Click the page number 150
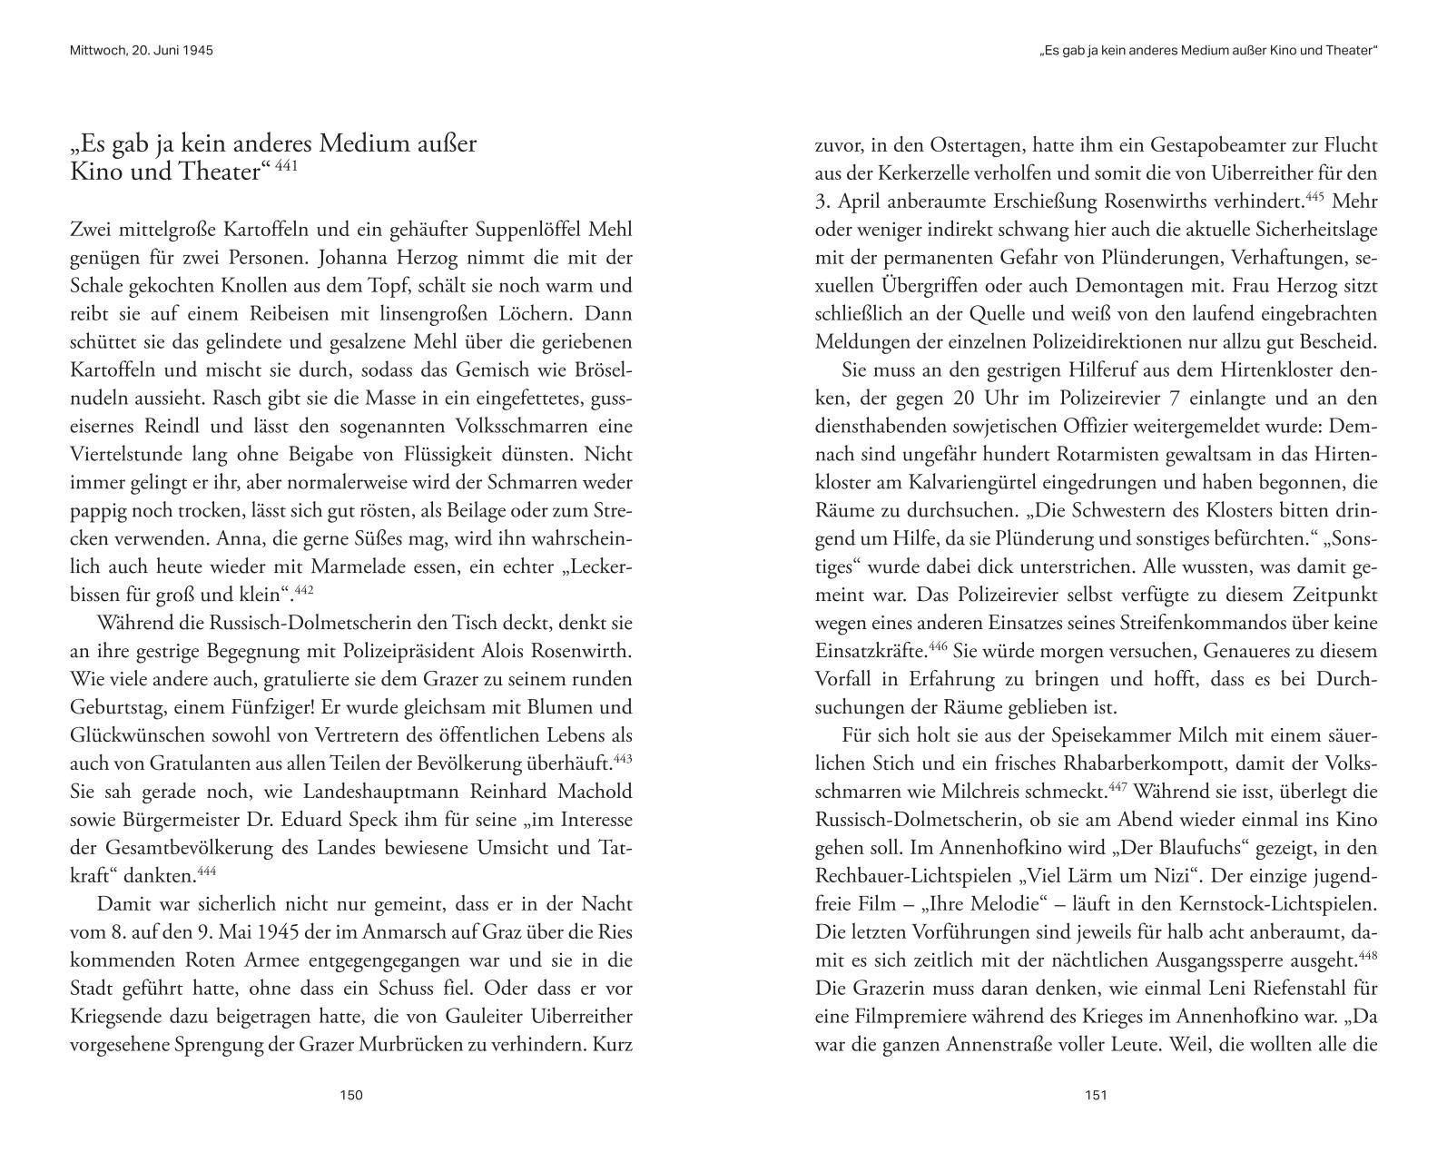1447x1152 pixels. [x=350, y=1095]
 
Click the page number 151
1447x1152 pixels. [x=1096, y=1095]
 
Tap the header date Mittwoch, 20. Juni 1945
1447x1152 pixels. [x=141, y=51]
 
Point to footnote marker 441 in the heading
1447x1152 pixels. [x=287, y=166]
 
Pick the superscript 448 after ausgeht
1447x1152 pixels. [x=1367, y=955]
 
